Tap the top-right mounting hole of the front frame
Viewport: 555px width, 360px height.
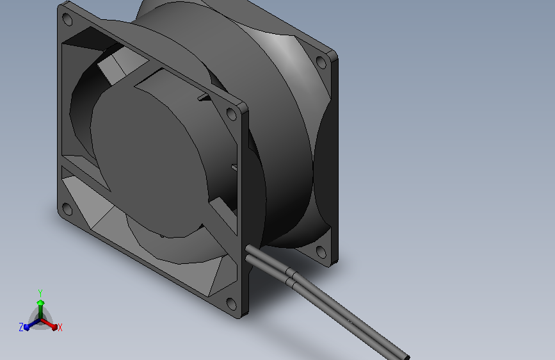(231, 114)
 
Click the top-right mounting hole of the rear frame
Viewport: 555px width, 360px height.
(321, 62)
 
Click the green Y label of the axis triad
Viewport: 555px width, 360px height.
(40, 292)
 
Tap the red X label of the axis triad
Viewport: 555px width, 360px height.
(60, 328)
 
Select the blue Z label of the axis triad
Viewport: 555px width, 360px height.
(21, 327)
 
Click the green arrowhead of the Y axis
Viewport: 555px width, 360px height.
(40, 302)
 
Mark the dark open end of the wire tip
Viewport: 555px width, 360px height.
(405, 356)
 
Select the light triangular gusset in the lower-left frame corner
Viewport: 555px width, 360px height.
(80, 195)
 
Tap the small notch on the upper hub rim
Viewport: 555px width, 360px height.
(203, 97)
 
